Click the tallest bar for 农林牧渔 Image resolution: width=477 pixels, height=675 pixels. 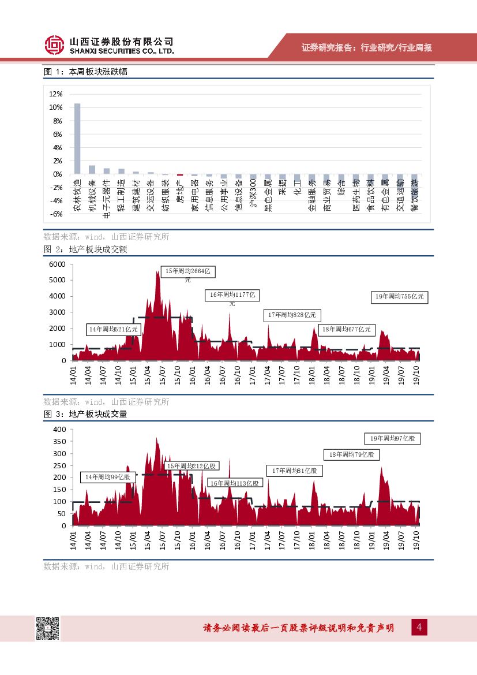click(77, 139)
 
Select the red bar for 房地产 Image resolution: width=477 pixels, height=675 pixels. click(180, 174)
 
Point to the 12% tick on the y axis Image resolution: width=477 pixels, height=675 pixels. click(56, 94)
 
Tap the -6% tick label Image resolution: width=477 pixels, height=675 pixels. click(56, 214)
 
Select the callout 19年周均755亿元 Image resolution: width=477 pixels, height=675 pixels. click(399, 297)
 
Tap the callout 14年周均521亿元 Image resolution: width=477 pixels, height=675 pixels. click(114, 330)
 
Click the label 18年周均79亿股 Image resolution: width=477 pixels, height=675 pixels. click(352, 455)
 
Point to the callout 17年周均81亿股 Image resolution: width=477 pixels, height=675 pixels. click(294, 471)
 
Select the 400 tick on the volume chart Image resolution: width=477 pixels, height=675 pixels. click(60, 430)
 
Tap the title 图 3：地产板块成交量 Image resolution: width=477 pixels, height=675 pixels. click(85, 414)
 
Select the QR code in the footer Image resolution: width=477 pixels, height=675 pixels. click(48, 628)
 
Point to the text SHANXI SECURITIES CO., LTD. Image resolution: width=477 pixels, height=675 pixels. click(121, 51)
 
